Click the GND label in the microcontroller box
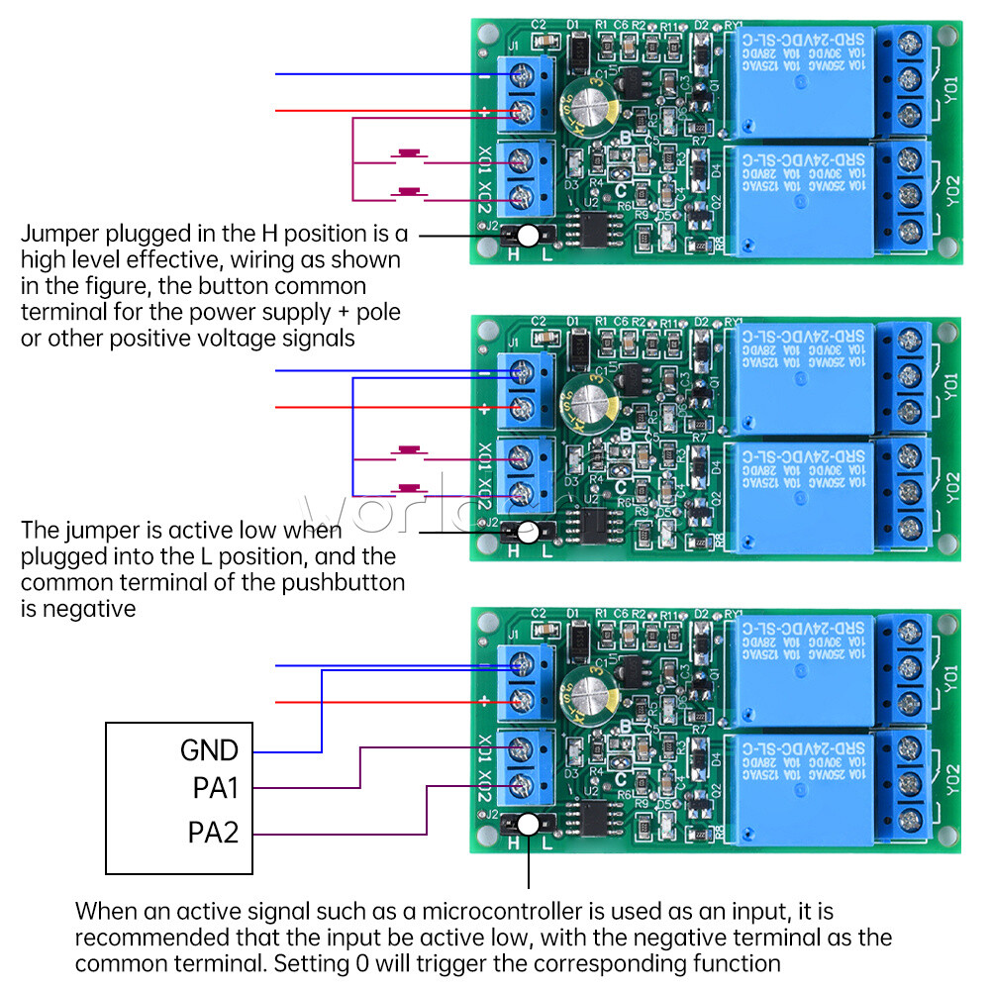pos(209,749)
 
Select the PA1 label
pos(215,789)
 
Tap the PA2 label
pos(214,833)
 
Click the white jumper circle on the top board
pos(530,236)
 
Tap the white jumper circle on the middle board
pos(530,532)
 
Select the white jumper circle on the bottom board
pos(530,825)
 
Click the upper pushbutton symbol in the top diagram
pos(408,155)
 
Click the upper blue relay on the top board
pos(800,84)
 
